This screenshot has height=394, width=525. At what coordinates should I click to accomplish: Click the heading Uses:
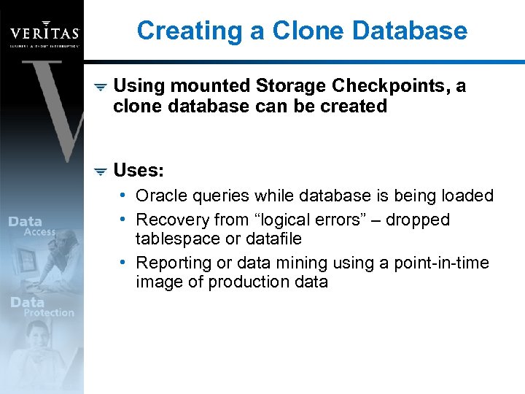[139, 171]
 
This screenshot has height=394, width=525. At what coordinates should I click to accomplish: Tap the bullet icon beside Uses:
[101, 171]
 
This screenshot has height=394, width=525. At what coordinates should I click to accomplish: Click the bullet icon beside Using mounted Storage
[101, 87]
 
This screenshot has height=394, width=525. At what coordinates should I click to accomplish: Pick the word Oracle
[160, 196]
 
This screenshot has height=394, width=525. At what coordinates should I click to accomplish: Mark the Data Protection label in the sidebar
[42, 307]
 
